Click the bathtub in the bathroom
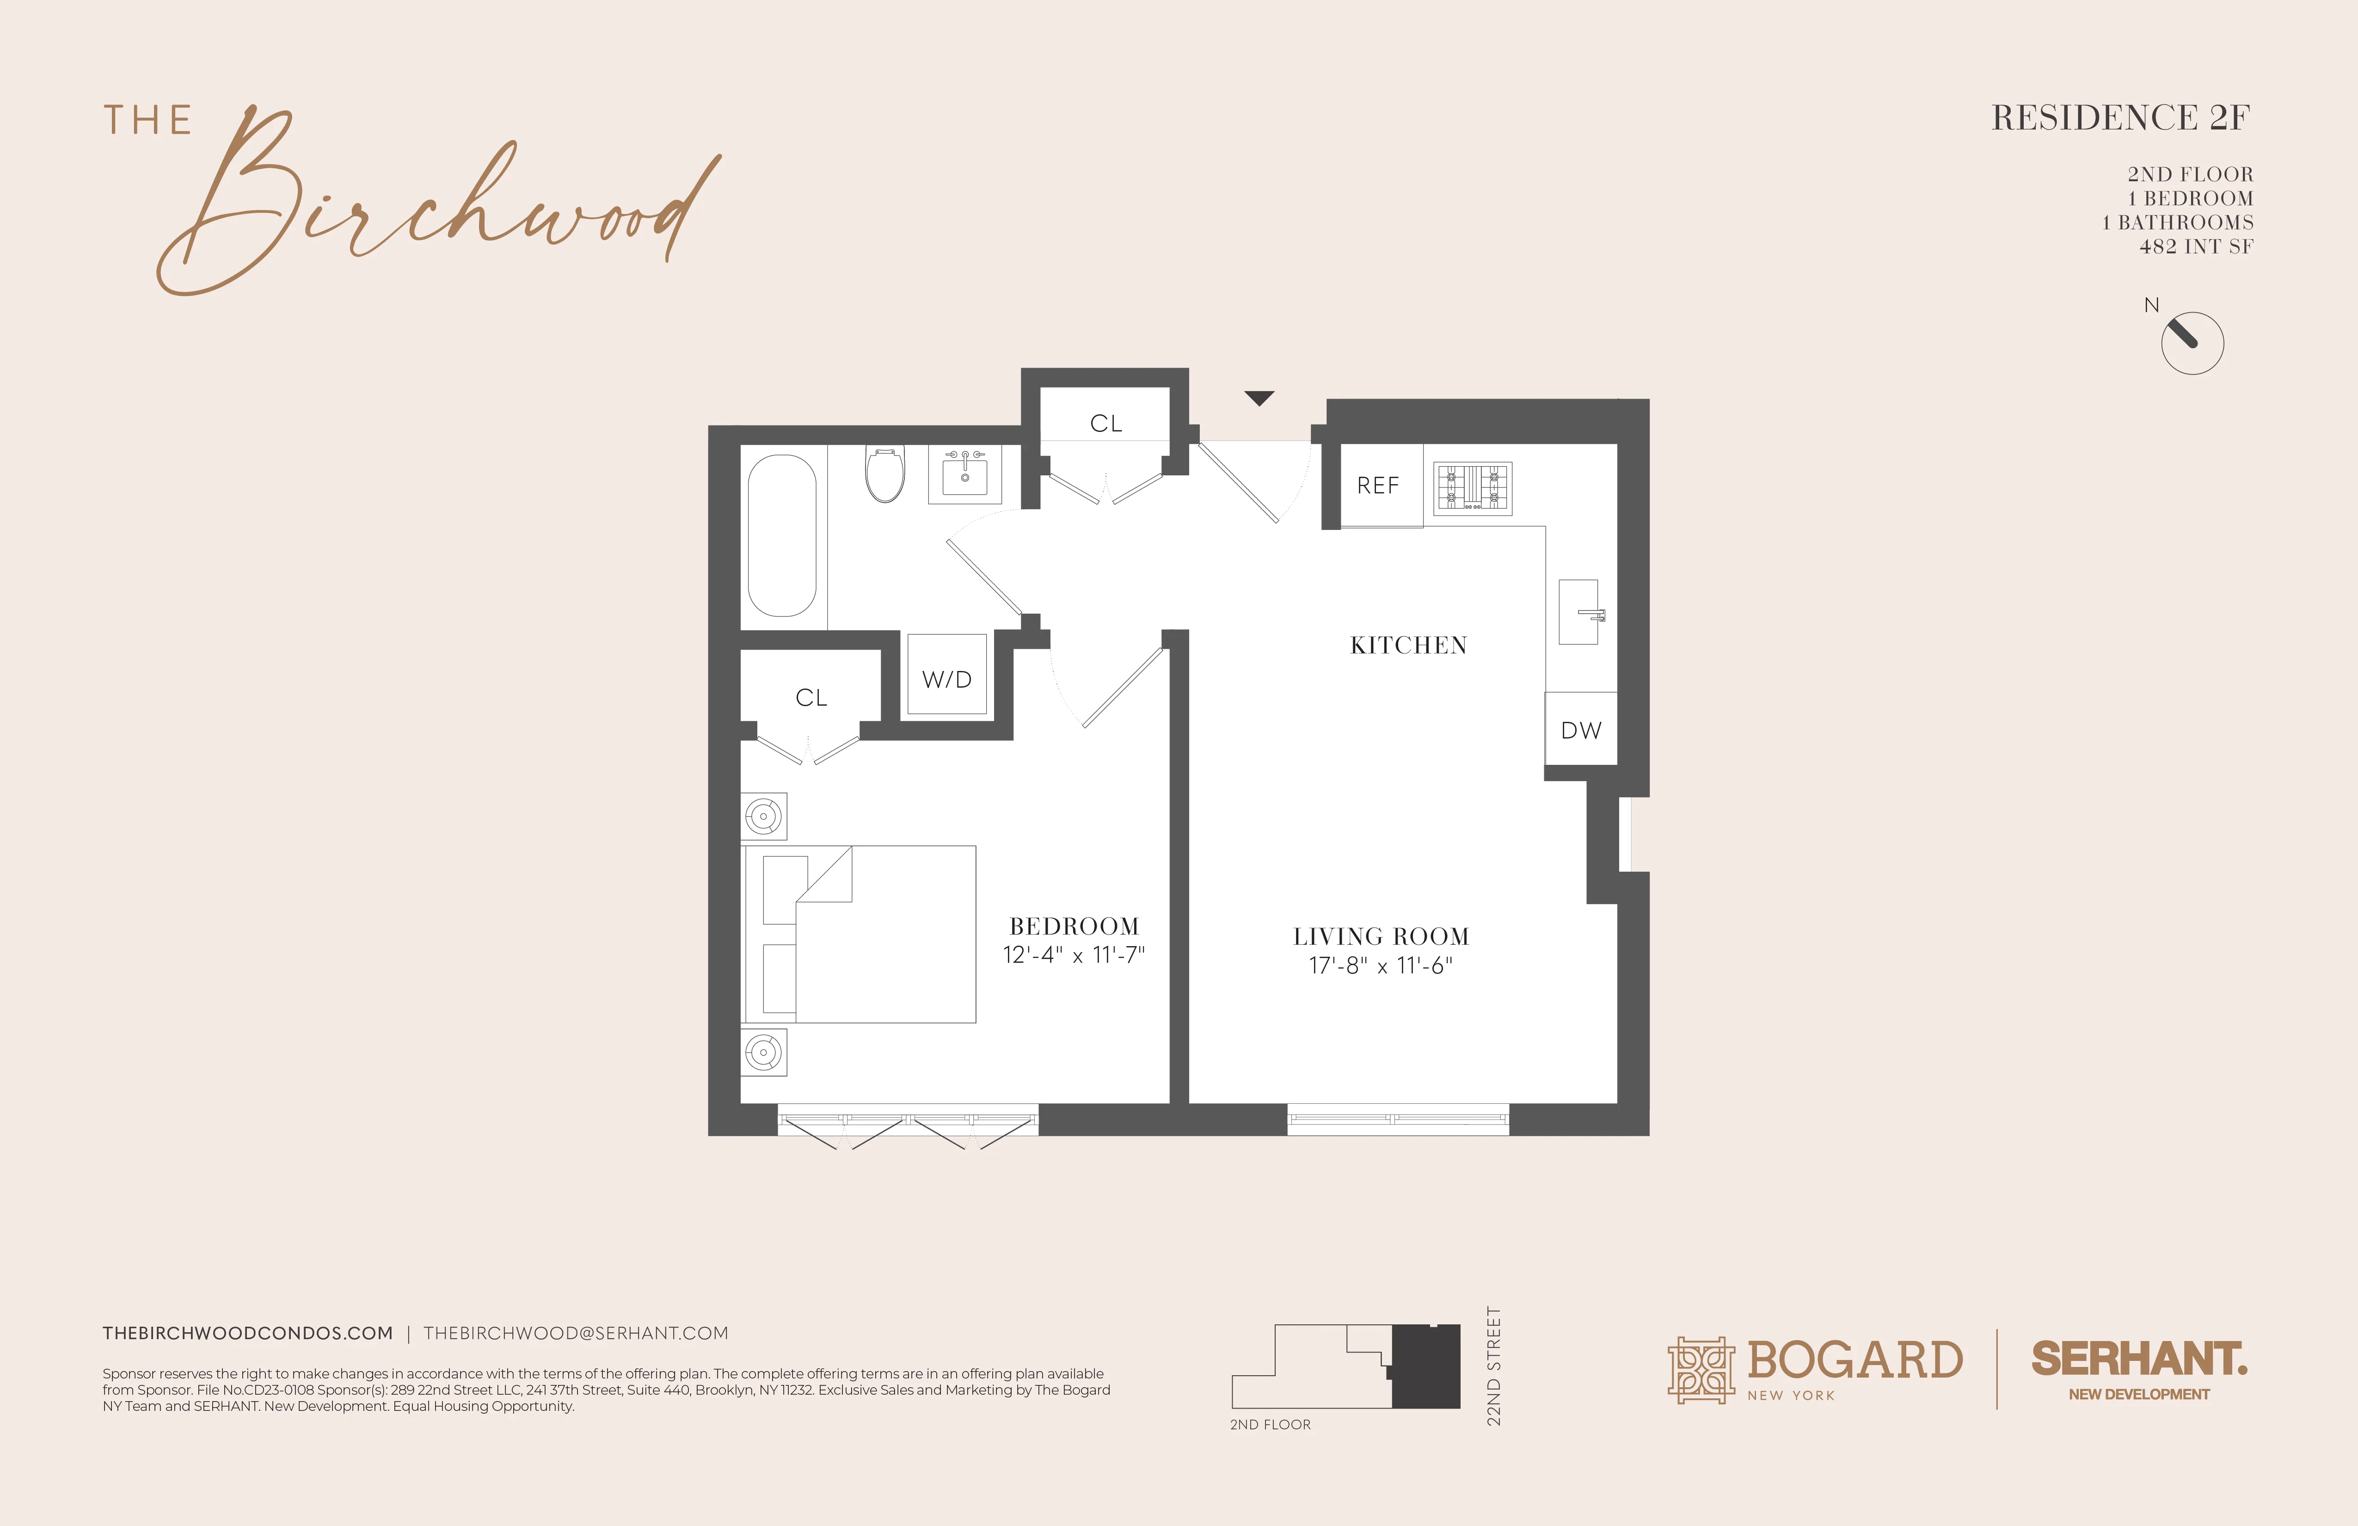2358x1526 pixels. tap(782, 535)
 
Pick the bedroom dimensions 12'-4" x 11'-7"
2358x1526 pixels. tap(1074, 955)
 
